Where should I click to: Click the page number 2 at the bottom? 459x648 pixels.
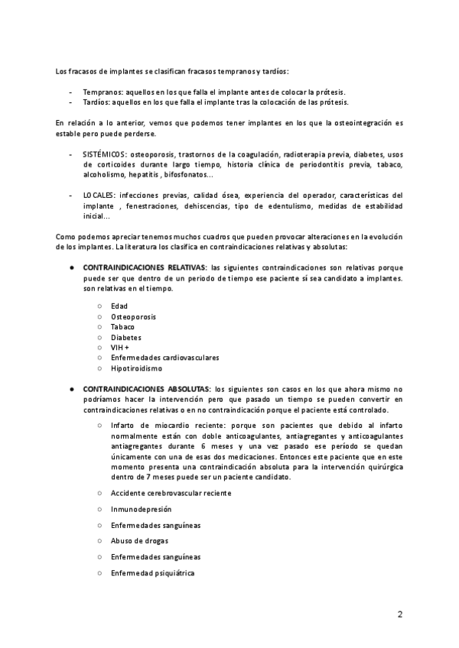(x=399, y=614)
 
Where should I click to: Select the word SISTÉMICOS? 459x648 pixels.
(x=105, y=154)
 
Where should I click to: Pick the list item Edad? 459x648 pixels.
(x=119, y=306)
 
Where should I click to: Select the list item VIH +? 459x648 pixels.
(x=120, y=347)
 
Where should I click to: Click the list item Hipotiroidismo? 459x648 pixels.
(x=136, y=368)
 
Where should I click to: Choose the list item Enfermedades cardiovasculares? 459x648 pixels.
(x=154, y=358)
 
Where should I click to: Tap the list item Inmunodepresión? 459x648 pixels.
(x=141, y=509)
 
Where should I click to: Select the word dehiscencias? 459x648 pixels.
(x=207, y=206)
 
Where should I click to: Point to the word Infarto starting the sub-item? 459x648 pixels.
(x=122, y=424)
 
